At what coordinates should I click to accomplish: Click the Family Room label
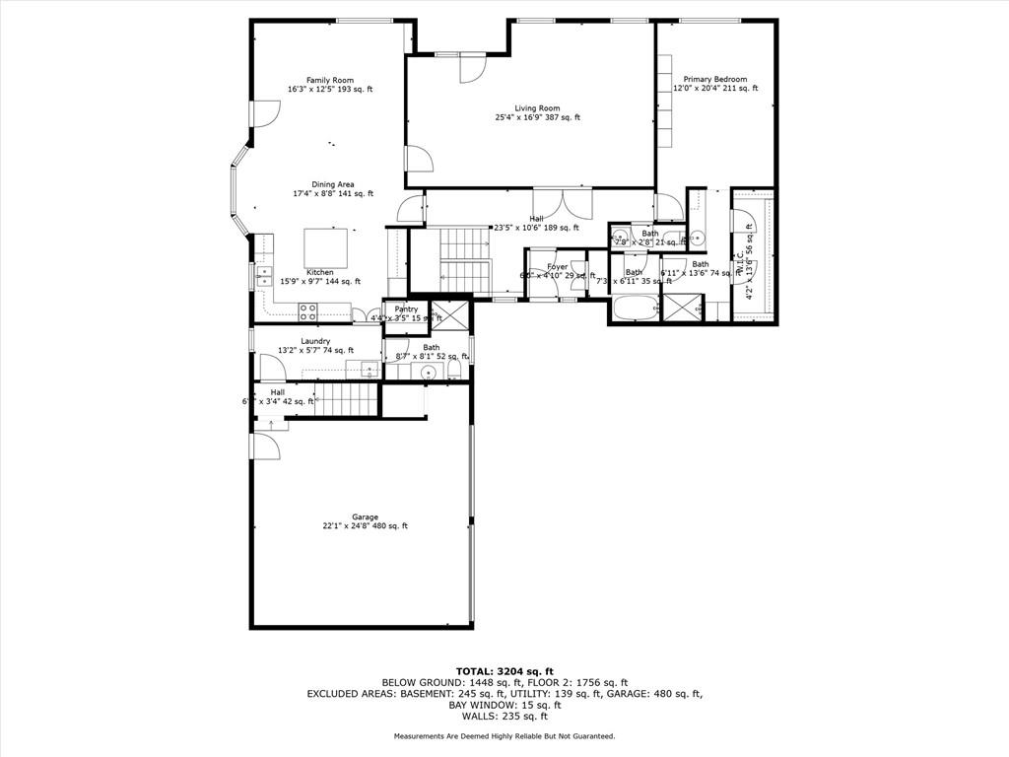(329, 80)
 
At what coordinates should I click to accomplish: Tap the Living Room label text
(537, 108)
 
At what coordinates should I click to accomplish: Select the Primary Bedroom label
(715, 79)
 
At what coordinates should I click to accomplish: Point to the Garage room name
(365, 516)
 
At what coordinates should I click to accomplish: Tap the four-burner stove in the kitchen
(307, 312)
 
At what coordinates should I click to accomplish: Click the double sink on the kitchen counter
(264, 276)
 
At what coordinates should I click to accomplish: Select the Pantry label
(406, 310)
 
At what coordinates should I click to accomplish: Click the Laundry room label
(315, 341)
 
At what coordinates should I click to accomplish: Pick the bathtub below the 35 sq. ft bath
(635, 309)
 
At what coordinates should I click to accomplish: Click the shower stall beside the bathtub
(682, 307)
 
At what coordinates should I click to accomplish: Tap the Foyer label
(558, 266)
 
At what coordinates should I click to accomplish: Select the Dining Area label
(333, 184)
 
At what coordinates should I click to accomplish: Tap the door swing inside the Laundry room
(273, 368)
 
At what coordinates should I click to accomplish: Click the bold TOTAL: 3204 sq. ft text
(504, 671)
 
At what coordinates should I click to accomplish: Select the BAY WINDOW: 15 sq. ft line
(504, 705)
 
